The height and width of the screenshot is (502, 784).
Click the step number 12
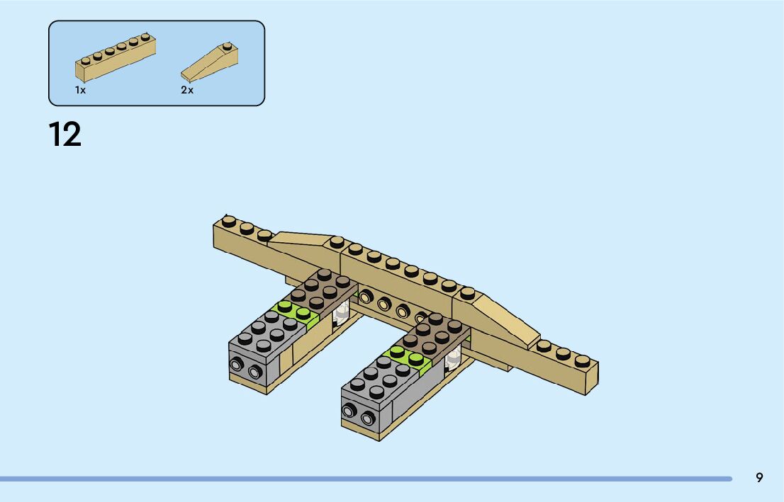pos(65,135)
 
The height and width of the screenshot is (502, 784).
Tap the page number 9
pos(759,478)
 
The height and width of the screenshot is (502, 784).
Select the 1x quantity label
pos(81,91)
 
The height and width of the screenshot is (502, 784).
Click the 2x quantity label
pos(187,91)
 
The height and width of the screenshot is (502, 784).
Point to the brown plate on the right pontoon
pos(434,335)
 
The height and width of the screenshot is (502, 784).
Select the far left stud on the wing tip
pos(229,222)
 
